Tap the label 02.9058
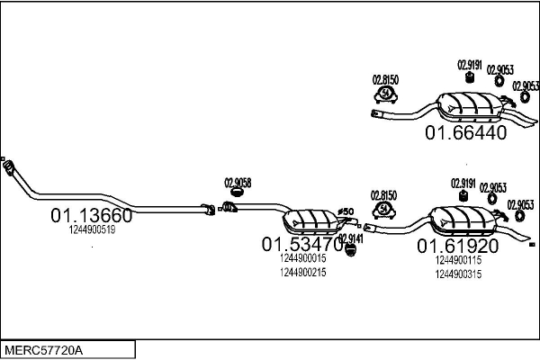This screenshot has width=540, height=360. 238,182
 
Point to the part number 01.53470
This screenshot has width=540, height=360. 302,244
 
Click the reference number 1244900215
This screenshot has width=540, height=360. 302,272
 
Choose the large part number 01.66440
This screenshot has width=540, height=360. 466,132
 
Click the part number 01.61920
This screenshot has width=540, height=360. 457,245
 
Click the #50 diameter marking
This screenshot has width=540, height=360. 346,212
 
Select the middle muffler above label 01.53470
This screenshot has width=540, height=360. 310,218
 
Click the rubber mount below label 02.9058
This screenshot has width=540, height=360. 238,192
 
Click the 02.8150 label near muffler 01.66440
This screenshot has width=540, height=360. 385,79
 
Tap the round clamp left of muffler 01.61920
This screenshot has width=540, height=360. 385,209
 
